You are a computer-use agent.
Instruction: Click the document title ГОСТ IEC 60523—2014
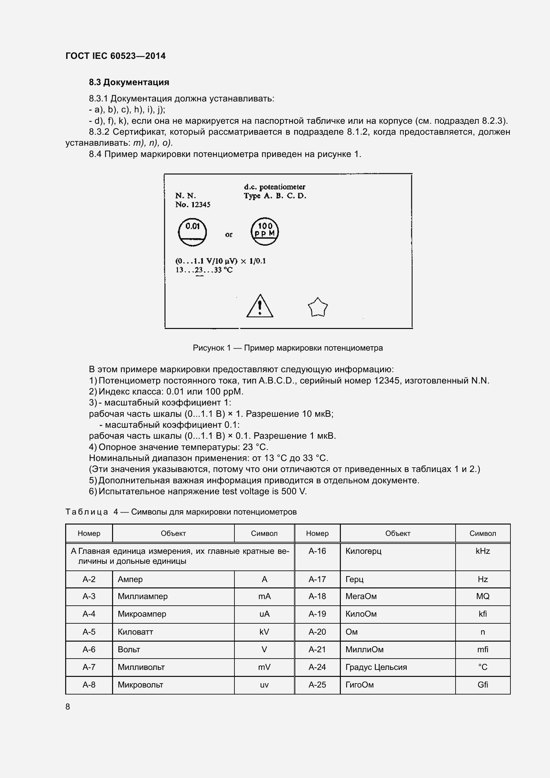point(115,56)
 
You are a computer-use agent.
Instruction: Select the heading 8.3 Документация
point(129,82)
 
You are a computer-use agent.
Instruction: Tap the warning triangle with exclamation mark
point(259,306)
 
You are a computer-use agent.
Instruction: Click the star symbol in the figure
point(318,308)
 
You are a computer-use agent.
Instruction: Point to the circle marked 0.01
point(192,232)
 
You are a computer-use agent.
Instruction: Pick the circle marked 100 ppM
point(264,232)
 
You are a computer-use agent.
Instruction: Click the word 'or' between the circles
point(228,234)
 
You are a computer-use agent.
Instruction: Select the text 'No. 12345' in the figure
point(193,205)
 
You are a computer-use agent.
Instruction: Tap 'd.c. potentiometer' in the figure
point(274,187)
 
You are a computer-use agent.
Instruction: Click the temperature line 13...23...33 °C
point(204,270)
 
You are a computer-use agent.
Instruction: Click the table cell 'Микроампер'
point(142,614)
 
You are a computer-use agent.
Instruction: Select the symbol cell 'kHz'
point(482,551)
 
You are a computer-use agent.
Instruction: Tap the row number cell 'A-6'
point(89,649)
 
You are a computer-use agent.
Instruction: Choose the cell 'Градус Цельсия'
point(376,667)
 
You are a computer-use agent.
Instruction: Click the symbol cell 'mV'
point(264,667)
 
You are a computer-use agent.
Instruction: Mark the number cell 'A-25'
point(317,685)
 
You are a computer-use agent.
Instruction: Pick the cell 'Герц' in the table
point(354,579)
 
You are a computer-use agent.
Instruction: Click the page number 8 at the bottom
point(68,706)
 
